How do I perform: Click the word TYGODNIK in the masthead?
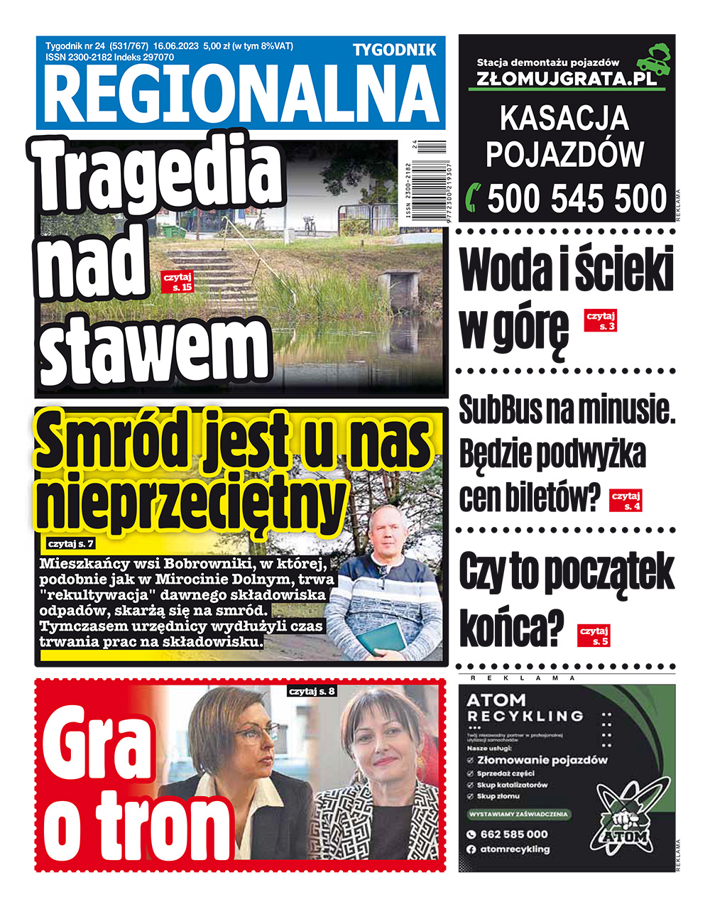click(395, 50)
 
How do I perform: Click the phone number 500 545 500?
click(577, 198)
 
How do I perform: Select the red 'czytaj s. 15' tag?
click(177, 282)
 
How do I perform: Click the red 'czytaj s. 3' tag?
click(600, 321)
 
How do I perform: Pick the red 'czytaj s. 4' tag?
click(626, 501)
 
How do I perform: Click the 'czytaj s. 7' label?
click(71, 544)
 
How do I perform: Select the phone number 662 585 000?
click(514, 834)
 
